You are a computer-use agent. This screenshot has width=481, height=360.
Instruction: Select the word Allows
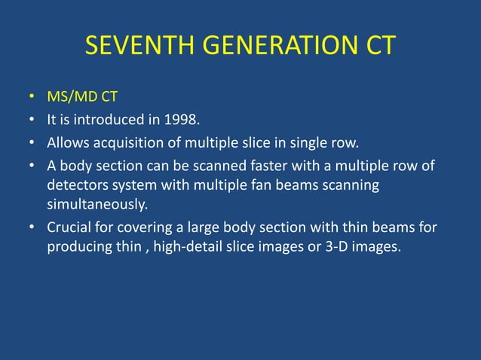pos(66,142)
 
